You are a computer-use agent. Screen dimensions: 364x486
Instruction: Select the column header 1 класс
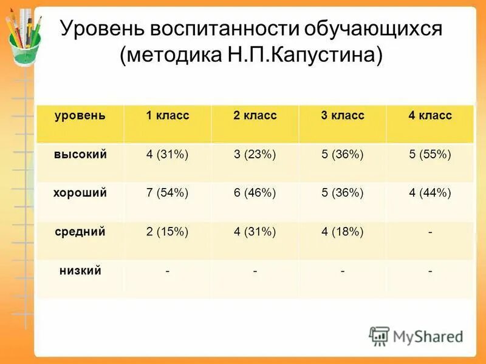click(x=167, y=115)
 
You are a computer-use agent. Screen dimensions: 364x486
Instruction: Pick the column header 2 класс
click(x=255, y=115)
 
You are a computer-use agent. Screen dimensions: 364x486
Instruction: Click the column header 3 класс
click(x=343, y=115)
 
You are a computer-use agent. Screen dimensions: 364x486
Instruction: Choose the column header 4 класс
click(x=430, y=115)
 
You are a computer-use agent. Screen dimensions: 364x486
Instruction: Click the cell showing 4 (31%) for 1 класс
click(x=167, y=154)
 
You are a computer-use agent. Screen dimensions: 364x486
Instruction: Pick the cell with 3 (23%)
click(x=255, y=154)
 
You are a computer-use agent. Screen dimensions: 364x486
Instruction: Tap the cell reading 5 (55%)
click(x=430, y=154)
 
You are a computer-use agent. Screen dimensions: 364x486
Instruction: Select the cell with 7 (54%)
click(x=167, y=193)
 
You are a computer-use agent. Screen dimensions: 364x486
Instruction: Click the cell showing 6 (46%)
click(x=255, y=193)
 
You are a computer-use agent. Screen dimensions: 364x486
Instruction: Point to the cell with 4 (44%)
click(x=430, y=193)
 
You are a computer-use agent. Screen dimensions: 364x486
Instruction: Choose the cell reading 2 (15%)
click(x=167, y=231)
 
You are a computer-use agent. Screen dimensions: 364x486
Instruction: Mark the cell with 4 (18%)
click(x=343, y=231)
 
